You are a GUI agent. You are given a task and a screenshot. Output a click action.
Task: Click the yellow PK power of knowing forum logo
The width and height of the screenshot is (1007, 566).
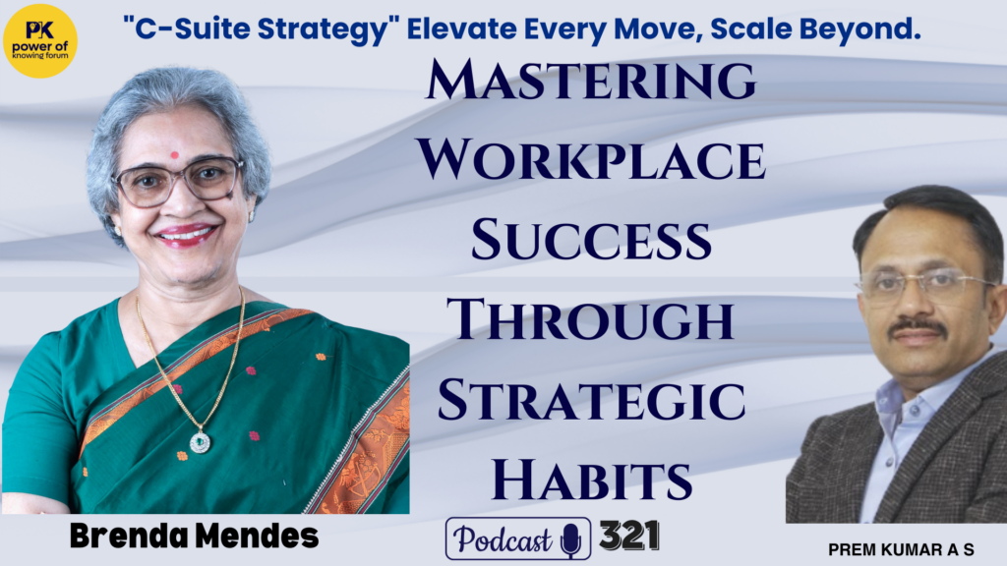(x=40, y=41)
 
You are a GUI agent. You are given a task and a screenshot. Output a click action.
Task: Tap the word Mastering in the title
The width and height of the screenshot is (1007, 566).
(x=591, y=81)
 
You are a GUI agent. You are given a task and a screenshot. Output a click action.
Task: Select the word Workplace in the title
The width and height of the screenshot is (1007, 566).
(x=591, y=160)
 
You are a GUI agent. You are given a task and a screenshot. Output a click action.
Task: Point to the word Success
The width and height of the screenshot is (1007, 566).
(x=591, y=240)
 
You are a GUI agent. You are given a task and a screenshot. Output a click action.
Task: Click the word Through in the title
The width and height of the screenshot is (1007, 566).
(x=591, y=319)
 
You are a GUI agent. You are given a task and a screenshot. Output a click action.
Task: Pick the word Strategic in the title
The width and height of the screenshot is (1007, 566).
(x=591, y=399)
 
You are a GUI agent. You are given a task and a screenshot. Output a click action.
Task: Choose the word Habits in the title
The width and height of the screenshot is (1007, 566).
(x=591, y=479)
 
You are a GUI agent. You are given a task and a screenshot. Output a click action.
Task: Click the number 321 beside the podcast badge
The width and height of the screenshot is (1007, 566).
(x=629, y=536)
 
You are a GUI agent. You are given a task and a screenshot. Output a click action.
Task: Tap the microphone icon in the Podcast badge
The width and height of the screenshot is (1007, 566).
(x=570, y=540)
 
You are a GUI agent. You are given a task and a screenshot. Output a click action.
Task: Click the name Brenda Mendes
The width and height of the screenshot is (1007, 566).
(x=194, y=536)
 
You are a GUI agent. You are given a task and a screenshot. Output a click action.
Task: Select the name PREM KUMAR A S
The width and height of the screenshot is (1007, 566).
(x=901, y=550)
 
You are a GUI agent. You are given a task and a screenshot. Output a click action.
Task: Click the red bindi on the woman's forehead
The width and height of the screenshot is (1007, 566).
(x=174, y=154)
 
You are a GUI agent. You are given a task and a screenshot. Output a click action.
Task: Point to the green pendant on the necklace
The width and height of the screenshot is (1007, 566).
(x=200, y=441)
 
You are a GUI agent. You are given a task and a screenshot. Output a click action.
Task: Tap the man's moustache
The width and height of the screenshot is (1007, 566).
(x=918, y=327)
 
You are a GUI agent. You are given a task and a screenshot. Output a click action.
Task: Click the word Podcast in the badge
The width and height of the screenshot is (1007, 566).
(x=503, y=539)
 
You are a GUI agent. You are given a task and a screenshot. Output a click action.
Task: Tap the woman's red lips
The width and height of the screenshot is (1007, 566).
(x=187, y=234)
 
